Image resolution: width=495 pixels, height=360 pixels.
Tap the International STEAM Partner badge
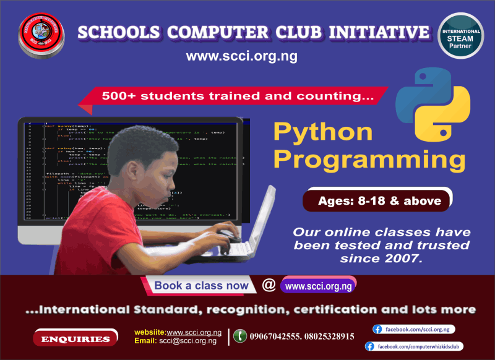(460, 36)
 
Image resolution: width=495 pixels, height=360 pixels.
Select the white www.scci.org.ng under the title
(242, 57)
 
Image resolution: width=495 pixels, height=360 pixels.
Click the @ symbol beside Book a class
(269, 285)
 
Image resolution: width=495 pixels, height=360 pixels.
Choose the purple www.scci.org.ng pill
(318, 286)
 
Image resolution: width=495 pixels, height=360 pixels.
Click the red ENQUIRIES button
(75, 338)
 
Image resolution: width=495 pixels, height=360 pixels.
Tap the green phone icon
(239, 336)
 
